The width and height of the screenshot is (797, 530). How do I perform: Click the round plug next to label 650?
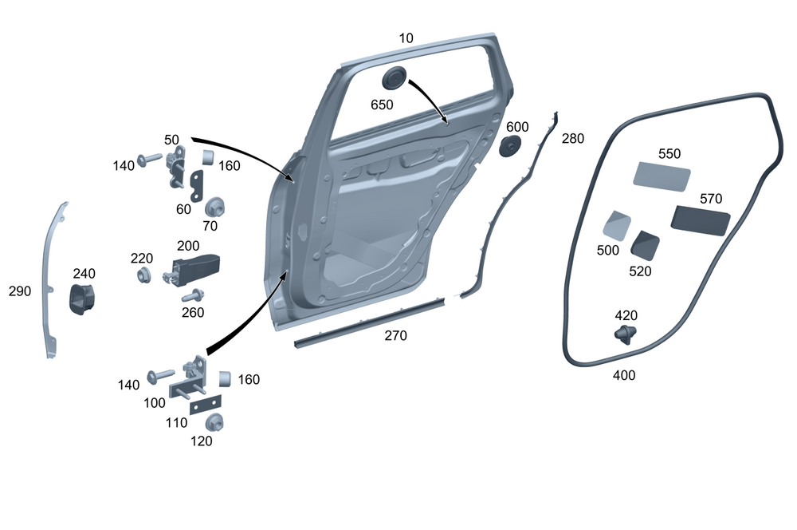coord(395,80)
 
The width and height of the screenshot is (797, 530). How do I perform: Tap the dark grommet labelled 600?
coord(510,146)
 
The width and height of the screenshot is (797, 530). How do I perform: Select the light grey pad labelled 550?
coord(662,176)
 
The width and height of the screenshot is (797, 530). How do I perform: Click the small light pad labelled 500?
coord(616,225)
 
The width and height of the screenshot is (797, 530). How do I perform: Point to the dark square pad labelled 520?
coord(646,245)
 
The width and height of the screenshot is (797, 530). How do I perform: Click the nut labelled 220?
coord(145,275)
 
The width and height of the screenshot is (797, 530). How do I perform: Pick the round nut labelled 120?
coord(213,422)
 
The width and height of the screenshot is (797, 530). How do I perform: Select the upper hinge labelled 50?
coord(177,166)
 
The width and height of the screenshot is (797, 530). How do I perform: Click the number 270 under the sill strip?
coord(395,335)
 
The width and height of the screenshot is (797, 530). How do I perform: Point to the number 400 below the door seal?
coord(624,375)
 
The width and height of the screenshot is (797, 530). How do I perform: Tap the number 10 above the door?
coord(406,38)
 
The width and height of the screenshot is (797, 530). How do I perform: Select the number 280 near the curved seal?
coord(572,138)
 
